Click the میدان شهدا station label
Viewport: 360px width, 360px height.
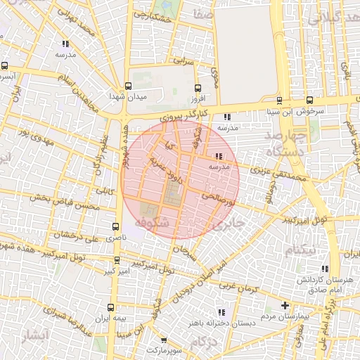tap(127, 96)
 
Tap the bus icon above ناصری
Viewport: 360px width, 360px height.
tap(115, 226)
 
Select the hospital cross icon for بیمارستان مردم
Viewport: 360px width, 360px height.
tap(284, 306)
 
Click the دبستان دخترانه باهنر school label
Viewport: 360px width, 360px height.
tap(215, 323)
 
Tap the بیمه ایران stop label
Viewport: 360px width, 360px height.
tap(111, 320)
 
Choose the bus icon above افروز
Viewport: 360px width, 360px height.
tap(198, 89)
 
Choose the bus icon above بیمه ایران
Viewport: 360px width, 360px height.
tap(111, 308)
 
